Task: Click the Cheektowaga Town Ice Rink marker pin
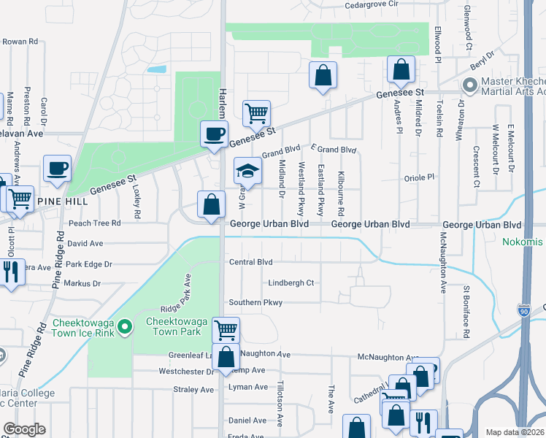124,326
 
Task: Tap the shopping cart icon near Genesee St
256,113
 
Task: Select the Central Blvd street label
250,261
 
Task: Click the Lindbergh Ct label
291,283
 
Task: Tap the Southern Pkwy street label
255,302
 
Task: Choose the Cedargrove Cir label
372,4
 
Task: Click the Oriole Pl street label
419,177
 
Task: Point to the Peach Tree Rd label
94,223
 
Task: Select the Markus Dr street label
82,283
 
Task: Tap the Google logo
25,429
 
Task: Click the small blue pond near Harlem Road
155,70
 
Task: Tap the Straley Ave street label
192,390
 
